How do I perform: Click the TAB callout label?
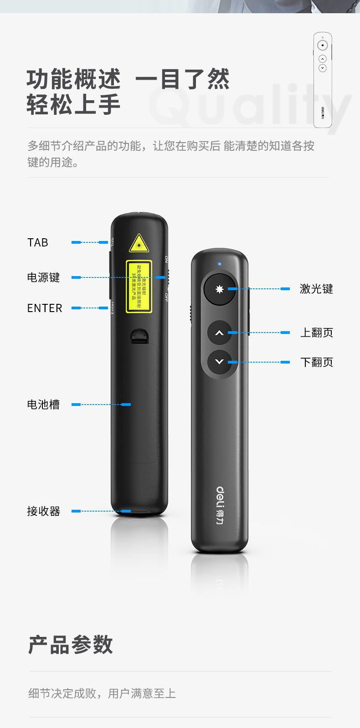tap(37, 242)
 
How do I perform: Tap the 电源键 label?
tap(43, 277)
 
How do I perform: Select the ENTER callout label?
tap(44, 308)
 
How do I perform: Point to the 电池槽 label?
tap(43, 405)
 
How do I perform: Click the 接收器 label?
tap(43, 511)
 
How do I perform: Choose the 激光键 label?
tap(316, 289)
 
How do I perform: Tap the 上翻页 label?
tap(316, 333)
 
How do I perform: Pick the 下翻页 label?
tap(316, 362)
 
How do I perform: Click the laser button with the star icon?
tap(220, 289)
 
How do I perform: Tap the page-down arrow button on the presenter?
tap(220, 362)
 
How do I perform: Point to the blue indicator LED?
tap(220, 264)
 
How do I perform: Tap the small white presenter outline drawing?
tap(322, 80)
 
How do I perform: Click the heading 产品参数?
tap(71, 645)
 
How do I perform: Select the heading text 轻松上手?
tap(73, 104)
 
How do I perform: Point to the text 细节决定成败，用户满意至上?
tap(102, 693)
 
